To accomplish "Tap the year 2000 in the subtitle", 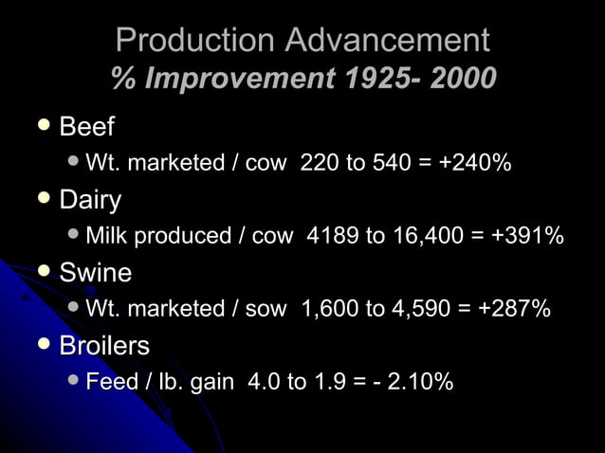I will coord(463,78).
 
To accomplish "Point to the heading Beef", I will coord(86,127).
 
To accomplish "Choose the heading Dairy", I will coord(90,201).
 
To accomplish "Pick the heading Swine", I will coord(96,273).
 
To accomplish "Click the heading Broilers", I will coord(104,346).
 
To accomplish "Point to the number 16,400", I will coord(423,237).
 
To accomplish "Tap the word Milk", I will coord(107,237).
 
